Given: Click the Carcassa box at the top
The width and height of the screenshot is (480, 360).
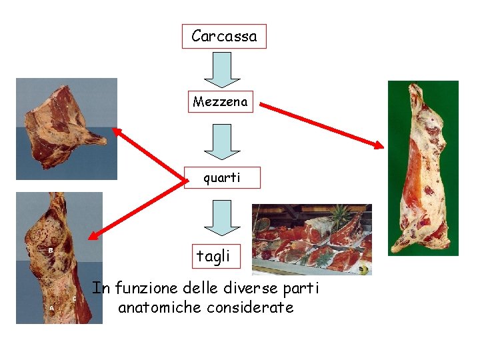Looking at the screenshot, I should point(224,36).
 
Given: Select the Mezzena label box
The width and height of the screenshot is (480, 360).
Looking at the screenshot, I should point(220,102).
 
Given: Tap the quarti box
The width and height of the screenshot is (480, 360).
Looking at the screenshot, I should point(222,177).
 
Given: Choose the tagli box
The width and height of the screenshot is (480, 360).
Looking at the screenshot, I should point(213,255).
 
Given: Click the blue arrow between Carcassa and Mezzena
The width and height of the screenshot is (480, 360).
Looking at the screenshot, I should point(221,70).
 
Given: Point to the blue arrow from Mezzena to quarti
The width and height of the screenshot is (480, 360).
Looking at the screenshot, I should point(221,141).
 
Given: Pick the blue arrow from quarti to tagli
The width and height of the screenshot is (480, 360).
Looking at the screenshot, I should point(221,218).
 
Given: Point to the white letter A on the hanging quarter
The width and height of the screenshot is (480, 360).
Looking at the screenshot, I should point(51,308).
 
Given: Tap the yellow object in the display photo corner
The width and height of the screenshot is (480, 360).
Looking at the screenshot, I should point(364,269).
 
